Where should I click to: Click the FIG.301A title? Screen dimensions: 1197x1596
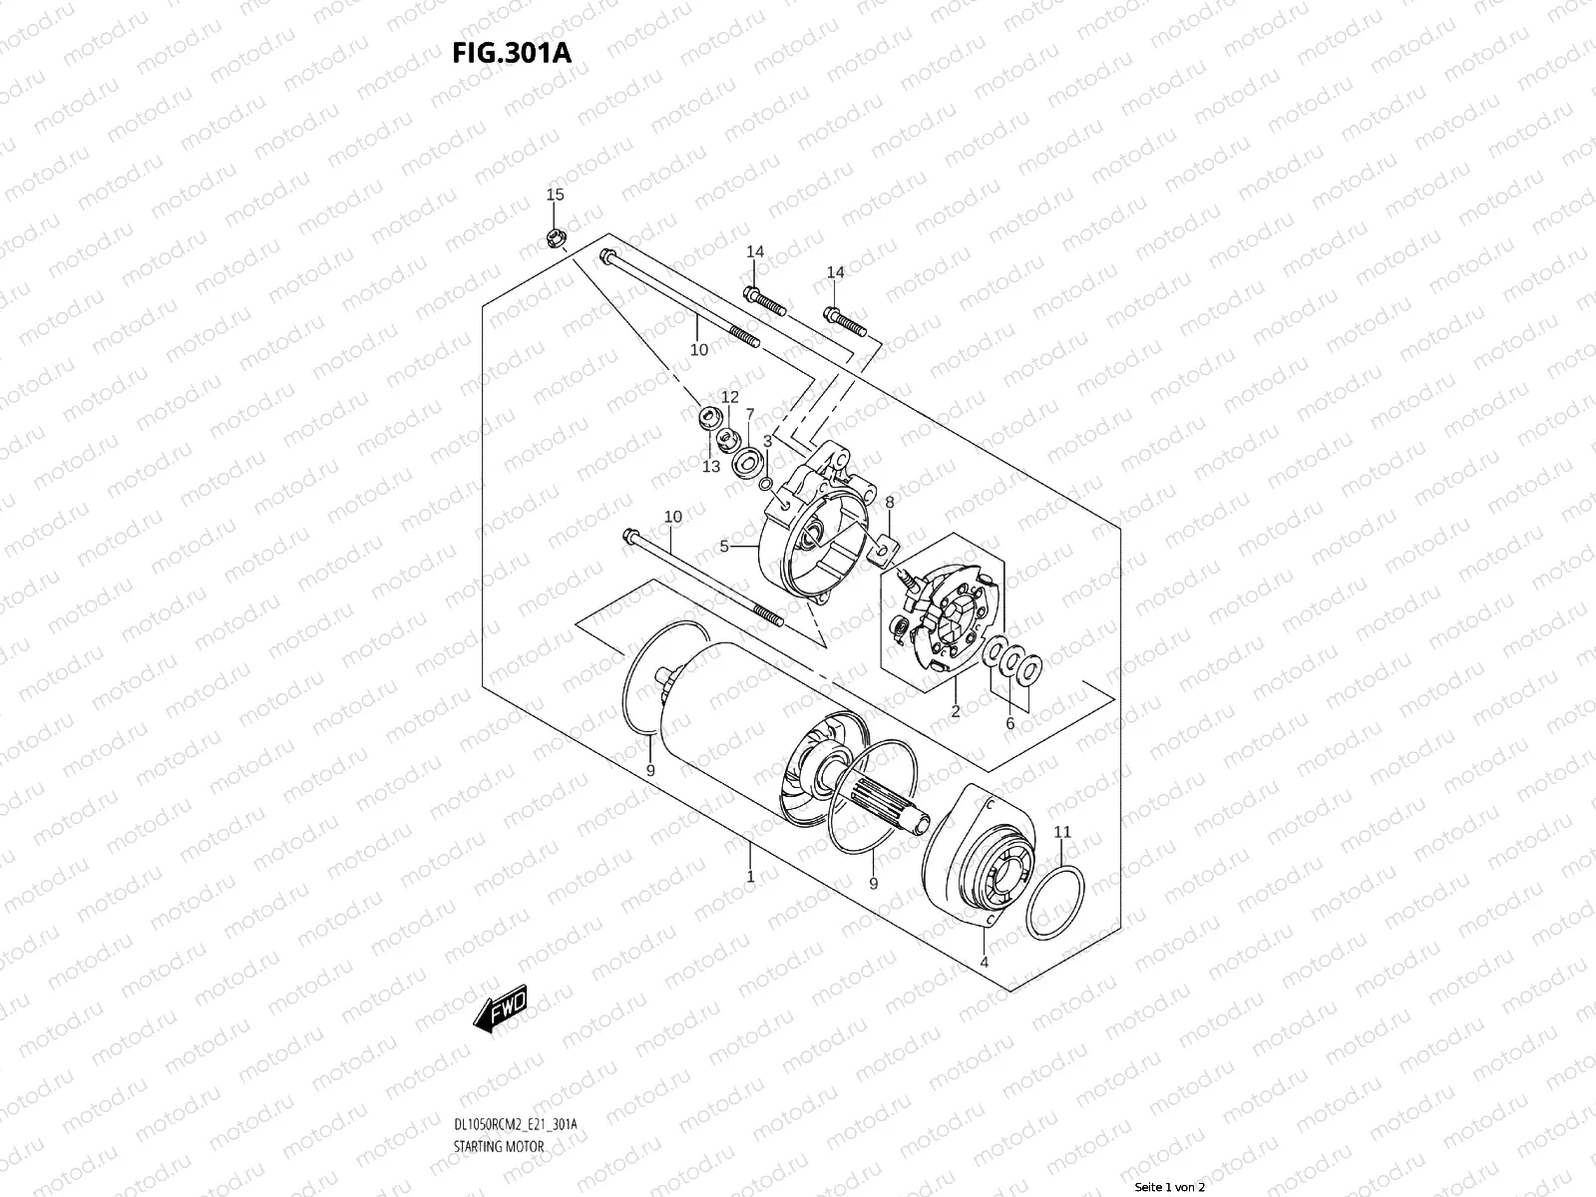(512, 53)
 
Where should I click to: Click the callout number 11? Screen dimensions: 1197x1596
(1062, 831)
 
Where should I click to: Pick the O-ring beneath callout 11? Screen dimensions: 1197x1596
(1055, 902)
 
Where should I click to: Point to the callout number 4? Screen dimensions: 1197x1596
(984, 963)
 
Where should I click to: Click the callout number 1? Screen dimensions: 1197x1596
(750, 878)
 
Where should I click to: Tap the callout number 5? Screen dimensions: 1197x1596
(725, 546)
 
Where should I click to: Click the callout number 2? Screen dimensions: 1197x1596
(955, 711)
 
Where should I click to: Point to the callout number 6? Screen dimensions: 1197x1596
(1009, 723)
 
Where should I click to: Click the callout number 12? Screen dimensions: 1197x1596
(730, 397)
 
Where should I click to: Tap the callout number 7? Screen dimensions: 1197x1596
(750, 413)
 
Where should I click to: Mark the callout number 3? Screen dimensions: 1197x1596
(768, 440)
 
